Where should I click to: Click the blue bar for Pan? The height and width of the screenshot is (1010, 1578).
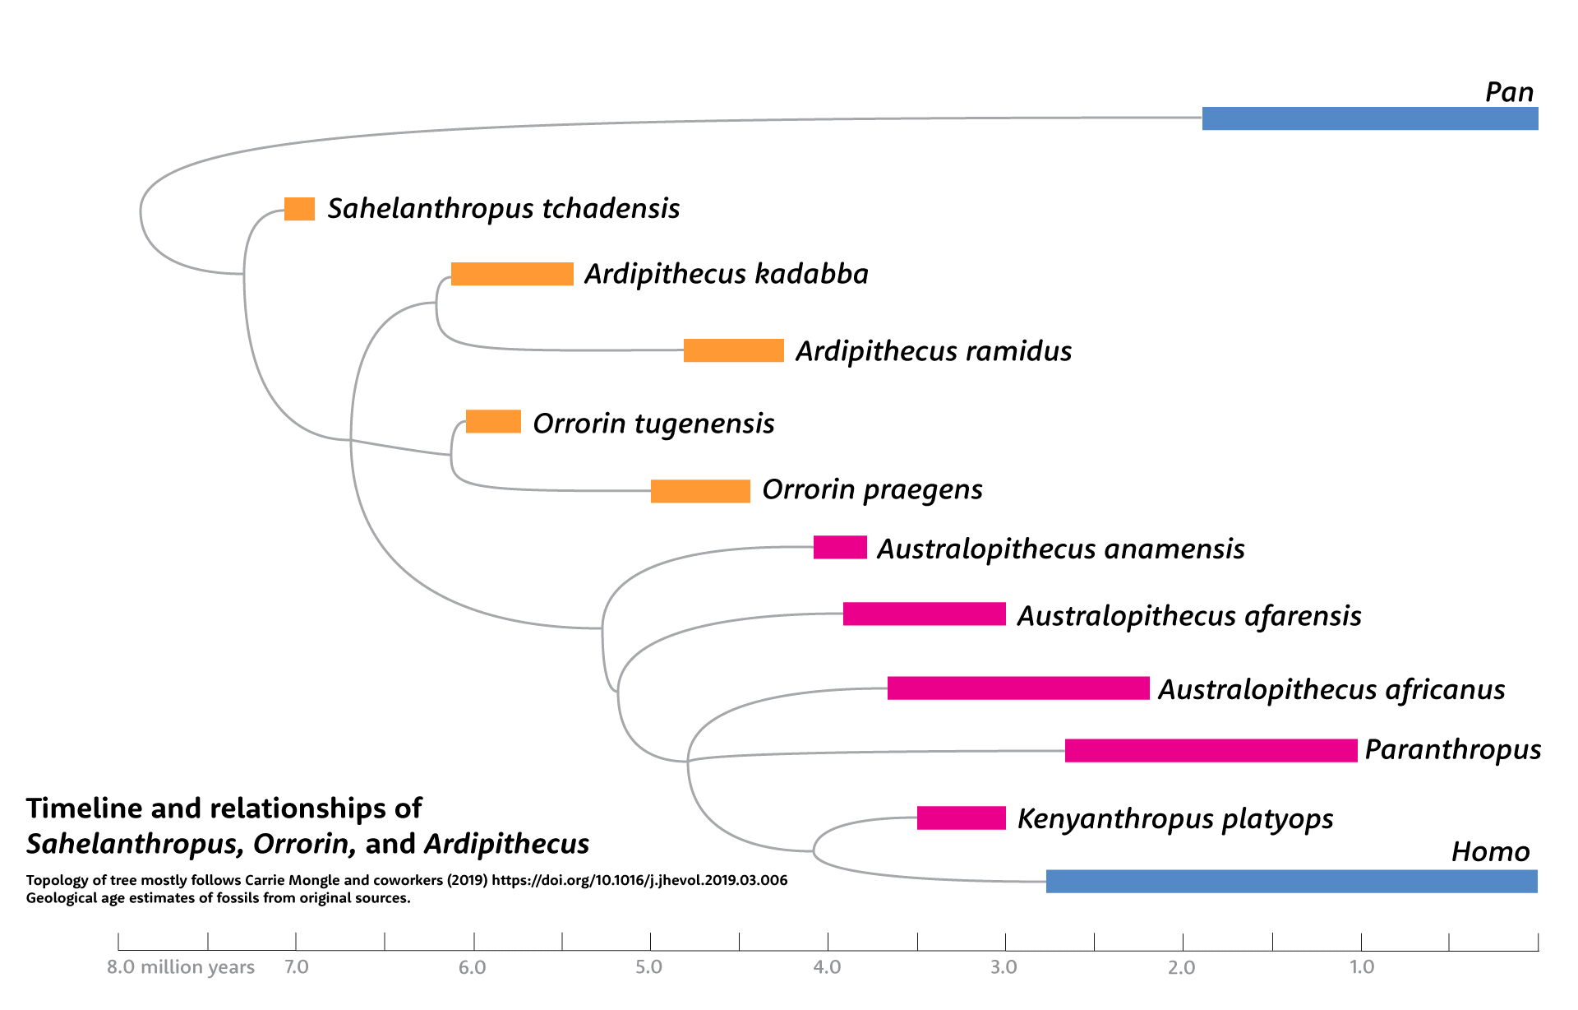tap(1369, 118)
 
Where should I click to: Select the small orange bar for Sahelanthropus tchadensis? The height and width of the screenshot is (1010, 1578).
tap(299, 209)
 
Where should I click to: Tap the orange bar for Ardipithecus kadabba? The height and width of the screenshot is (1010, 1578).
tap(512, 274)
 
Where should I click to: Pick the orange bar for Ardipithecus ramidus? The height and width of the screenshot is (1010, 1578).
tap(733, 350)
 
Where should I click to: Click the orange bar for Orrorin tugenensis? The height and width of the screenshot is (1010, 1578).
tap(493, 422)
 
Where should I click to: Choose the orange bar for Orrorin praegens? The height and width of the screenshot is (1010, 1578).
tap(700, 491)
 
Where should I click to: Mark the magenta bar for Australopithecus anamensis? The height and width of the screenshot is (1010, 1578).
tap(840, 547)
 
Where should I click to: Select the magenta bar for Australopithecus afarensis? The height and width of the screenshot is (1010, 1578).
tap(924, 614)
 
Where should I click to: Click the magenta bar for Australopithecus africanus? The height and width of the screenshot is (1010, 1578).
tap(1017, 688)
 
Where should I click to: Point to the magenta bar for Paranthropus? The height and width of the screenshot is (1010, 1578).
tap(1211, 750)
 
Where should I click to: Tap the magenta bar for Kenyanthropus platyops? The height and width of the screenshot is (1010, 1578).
tap(961, 818)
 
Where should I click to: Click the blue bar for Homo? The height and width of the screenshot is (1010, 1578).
tap(1291, 881)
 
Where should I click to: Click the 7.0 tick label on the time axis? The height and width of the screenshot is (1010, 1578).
tap(297, 967)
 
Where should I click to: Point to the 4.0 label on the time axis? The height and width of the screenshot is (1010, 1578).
tap(827, 967)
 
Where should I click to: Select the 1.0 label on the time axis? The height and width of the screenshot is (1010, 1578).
tap(1361, 967)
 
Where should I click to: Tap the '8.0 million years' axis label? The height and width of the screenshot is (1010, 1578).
tap(181, 967)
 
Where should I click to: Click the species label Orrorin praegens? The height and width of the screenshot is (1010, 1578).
tap(872, 489)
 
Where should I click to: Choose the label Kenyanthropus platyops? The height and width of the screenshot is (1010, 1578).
tap(1174, 818)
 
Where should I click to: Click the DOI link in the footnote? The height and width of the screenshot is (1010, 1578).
tap(639, 880)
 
